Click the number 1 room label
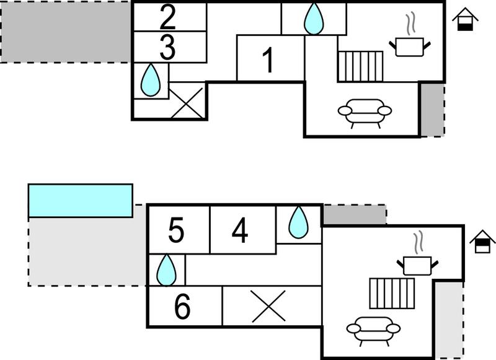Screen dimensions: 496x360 [268, 59]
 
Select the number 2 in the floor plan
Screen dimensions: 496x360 [167, 17]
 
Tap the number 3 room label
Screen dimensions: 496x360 [167, 48]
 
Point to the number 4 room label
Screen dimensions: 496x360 [240, 230]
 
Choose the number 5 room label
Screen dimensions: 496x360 [176, 230]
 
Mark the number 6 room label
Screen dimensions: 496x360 [182, 306]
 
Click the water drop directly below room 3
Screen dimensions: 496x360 [151, 80]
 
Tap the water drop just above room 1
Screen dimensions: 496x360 [314, 19]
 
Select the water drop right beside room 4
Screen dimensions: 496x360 [298, 222]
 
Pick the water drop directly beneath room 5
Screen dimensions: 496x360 [167, 270]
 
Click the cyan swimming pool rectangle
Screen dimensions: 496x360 [81, 201]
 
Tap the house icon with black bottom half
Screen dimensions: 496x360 [465, 19]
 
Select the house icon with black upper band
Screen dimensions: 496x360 [482, 242]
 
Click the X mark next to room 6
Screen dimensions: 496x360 [268, 306]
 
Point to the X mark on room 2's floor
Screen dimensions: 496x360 [187, 103]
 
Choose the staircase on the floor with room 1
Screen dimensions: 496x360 [361, 66]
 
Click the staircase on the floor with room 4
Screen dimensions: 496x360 [392, 293]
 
